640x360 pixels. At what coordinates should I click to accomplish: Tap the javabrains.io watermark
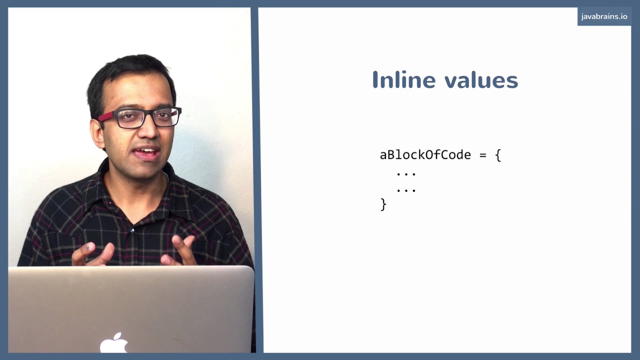pyautogui.click(x=604, y=16)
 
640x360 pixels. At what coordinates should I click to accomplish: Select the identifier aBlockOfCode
pyautogui.click(x=425, y=155)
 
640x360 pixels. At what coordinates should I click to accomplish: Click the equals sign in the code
pyautogui.click(x=482, y=155)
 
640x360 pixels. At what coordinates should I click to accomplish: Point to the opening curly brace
pyautogui.click(x=497, y=155)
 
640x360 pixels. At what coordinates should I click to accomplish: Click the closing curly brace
pyautogui.click(x=383, y=204)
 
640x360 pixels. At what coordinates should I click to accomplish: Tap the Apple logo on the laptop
pyautogui.click(x=114, y=343)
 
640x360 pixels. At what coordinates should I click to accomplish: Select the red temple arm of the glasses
pyautogui.click(x=106, y=117)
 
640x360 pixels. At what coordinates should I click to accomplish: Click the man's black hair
pyautogui.click(x=130, y=75)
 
